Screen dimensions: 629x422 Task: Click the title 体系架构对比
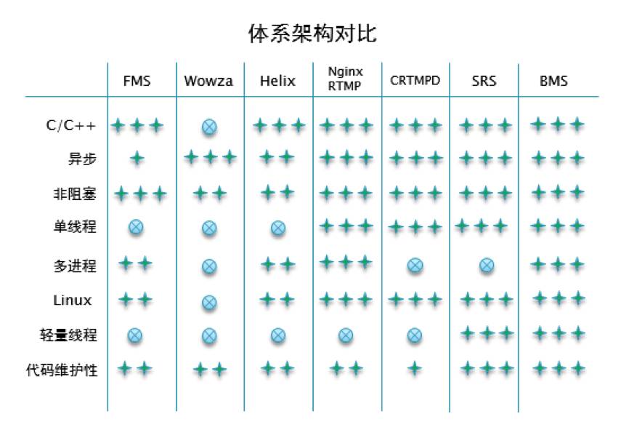coord(313,33)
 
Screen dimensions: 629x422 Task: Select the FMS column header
coord(137,81)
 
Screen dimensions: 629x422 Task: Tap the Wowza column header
coord(208,81)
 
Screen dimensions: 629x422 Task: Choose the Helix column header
coord(277,81)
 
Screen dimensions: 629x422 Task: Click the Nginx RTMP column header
coord(345,79)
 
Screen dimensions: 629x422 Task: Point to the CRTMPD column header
coord(415,81)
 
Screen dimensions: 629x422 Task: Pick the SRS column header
coord(484,81)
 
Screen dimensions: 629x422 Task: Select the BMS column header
coord(553,81)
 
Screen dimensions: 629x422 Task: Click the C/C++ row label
coord(70,125)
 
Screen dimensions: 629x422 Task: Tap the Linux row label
coord(73,300)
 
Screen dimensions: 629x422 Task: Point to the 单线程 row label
coord(75,228)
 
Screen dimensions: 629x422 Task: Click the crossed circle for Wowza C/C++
coord(209,127)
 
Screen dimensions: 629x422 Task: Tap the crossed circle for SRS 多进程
coord(487,266)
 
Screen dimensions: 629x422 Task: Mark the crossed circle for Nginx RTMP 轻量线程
coord(346,335)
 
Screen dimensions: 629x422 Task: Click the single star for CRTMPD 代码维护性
coord(415,369)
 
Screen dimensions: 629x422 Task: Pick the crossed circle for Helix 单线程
coord(277,228)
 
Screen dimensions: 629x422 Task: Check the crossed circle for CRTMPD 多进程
coord(415,266)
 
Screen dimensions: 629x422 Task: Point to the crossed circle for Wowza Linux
coord(209,301)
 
